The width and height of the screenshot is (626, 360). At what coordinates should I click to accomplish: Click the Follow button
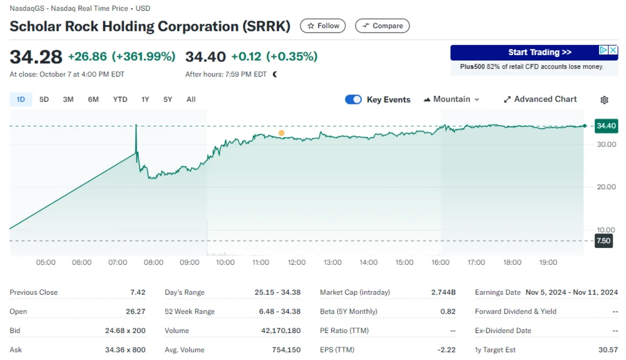coord(323,26)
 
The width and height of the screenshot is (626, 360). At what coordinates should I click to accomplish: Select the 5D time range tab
coord(44,99)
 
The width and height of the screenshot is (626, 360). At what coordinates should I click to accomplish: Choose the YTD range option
coord(120,99)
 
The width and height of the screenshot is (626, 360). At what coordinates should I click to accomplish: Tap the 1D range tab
coord(21,99)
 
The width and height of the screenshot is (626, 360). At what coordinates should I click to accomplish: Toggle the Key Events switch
coord(353,99)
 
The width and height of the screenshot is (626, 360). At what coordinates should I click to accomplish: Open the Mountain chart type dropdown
coord(452,99)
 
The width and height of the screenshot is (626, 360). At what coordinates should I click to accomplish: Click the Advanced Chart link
coord(540,99)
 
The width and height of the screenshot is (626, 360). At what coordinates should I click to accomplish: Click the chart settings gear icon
coord(604,100)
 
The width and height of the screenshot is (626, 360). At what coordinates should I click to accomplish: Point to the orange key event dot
coord(281,133)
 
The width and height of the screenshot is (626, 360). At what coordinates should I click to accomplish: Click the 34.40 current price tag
coord(606,126)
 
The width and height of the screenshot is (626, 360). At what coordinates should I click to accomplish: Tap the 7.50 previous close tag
coord(603,241)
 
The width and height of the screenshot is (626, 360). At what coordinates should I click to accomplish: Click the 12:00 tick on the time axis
coord(297,262)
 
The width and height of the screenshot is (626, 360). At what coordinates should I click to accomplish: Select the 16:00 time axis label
coord(441,262)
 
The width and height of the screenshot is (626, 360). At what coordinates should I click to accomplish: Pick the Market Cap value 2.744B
coord(443,292)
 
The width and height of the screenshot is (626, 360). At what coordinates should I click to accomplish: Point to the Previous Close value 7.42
coord(138,292)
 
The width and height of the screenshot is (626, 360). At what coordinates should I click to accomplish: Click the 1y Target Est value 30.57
coord(607,350)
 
